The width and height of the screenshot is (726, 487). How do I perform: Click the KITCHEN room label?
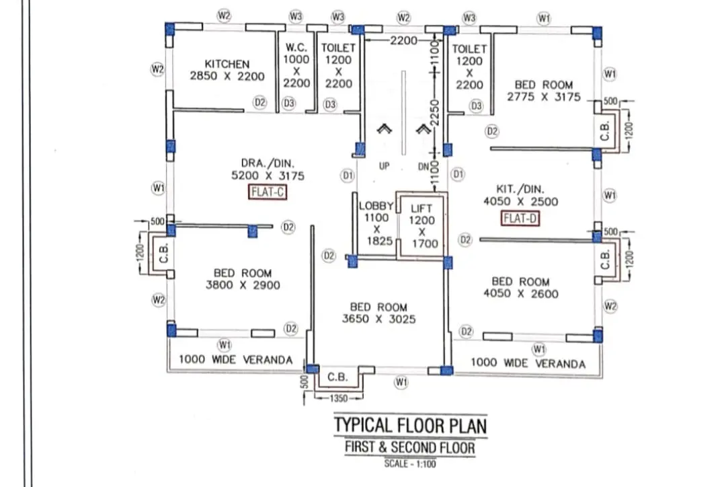click(227, 64)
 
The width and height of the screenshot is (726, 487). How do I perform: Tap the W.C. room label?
click(296, 47)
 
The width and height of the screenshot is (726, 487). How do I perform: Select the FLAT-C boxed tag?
click(268, 192)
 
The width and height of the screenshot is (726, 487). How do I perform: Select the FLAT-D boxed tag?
click(520, 218)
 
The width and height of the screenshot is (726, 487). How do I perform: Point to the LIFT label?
click(421, 209)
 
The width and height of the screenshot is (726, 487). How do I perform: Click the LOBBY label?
click(376, 206)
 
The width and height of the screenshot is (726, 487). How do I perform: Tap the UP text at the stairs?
click(385, 166)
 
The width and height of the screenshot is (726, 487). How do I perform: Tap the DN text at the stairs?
click(424, 166)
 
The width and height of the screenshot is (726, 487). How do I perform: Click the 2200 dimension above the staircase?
click(403, 41)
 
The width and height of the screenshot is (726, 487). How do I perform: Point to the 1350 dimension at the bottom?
click(338, 398)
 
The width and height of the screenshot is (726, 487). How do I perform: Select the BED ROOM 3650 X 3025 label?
click(378, 313)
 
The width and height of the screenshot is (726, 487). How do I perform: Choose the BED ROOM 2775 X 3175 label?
click(544, 91)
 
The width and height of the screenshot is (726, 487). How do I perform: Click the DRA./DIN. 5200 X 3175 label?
click(268, 170)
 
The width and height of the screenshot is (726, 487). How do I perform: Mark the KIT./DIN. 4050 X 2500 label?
click(520, 195)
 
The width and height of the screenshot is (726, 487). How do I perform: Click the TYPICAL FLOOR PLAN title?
click(410, 425)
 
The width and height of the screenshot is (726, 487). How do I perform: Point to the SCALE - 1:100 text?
click(410, 463)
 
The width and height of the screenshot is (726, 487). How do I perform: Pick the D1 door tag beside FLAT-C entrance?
click(348, 175)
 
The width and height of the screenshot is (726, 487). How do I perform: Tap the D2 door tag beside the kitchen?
click(260, 102)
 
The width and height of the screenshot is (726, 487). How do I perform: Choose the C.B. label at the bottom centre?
click(337, 377)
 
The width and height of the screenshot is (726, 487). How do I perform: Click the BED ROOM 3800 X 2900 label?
click(243, 279)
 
